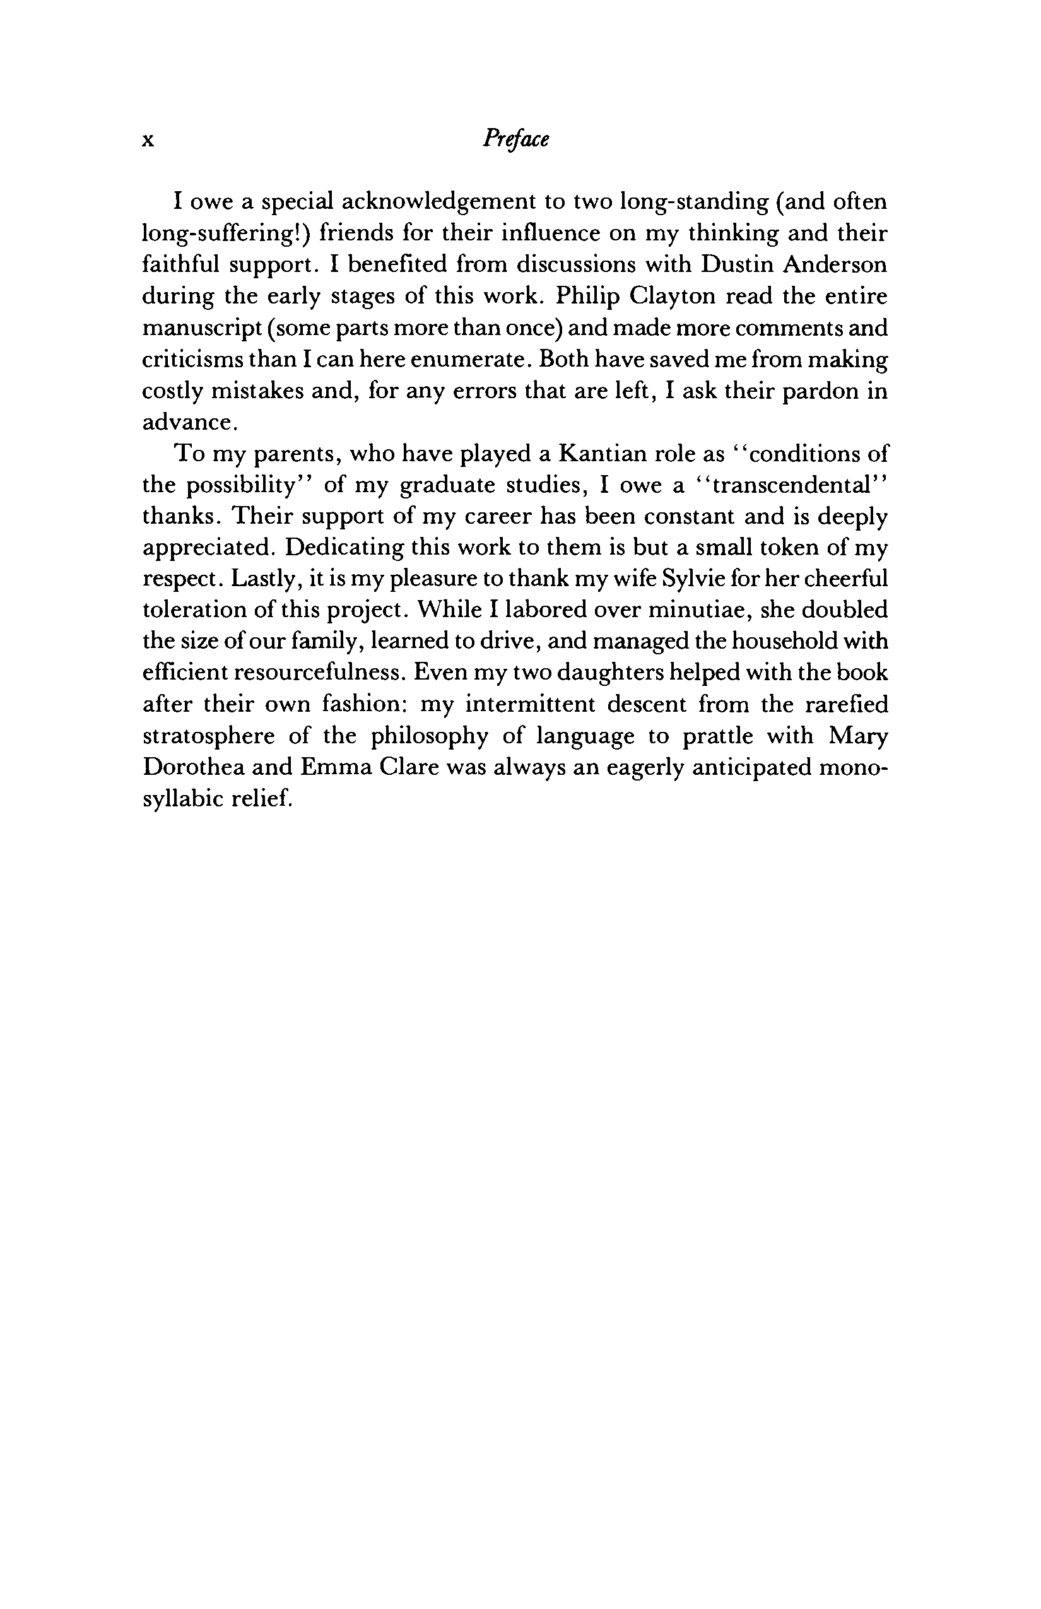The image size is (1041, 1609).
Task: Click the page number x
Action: (149, 141)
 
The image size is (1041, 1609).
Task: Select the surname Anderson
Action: (835, 264)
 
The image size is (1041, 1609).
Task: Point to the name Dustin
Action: (736, 264)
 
